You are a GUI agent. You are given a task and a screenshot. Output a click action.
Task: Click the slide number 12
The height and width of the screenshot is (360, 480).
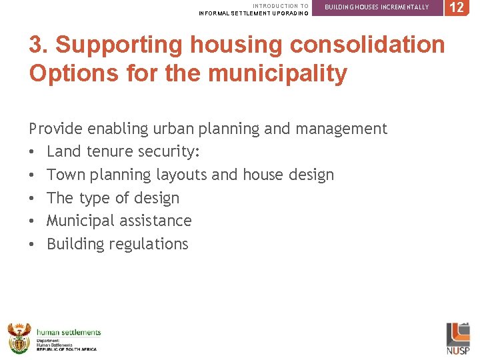457,7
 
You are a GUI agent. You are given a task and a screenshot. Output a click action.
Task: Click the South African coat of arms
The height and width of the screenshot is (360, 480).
19,338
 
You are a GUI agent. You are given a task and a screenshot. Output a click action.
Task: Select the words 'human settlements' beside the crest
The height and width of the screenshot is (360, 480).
69,332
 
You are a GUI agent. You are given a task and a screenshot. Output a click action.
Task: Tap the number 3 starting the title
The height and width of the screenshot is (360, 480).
37,45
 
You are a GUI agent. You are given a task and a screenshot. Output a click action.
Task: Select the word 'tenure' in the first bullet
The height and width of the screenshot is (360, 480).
109,152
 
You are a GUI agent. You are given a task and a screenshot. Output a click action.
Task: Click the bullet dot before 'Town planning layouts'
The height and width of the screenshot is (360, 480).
32,175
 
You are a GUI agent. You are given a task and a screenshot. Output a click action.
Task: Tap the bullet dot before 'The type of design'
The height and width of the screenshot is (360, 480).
32,199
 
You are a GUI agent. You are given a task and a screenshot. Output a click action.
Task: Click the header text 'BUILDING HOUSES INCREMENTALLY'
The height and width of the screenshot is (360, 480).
377,7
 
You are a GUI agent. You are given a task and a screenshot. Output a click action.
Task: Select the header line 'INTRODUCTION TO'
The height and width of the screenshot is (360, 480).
281,5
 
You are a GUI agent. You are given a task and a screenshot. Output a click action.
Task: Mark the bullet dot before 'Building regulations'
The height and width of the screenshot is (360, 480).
32,245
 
